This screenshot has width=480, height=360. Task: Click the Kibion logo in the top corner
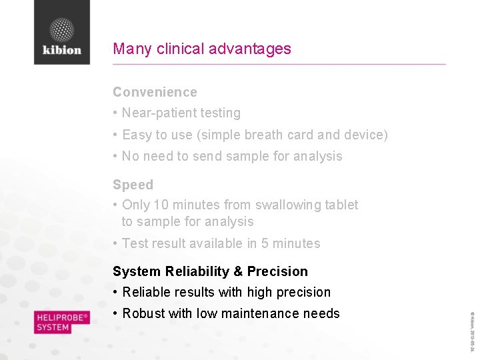click(62, 33)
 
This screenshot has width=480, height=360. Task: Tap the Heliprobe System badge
click(62, 323)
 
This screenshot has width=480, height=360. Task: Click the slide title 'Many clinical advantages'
click(202, 49)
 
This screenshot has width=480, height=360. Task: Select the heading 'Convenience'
click(155, 92)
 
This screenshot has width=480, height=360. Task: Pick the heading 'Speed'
click(133, 185)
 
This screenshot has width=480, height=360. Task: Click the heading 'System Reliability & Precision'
click(210, 271)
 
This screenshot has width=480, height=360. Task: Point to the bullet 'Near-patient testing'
click(181, 113)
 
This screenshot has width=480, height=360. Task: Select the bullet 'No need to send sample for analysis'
click(231, 156)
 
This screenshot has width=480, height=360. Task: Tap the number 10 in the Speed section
click(161, 205)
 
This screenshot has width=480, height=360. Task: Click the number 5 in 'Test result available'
click(265, 243)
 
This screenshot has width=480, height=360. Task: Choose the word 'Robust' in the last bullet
click(142, 313)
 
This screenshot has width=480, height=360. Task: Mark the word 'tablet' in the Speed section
click(341, 205)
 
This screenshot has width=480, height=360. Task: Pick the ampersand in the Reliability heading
click(237, 271)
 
